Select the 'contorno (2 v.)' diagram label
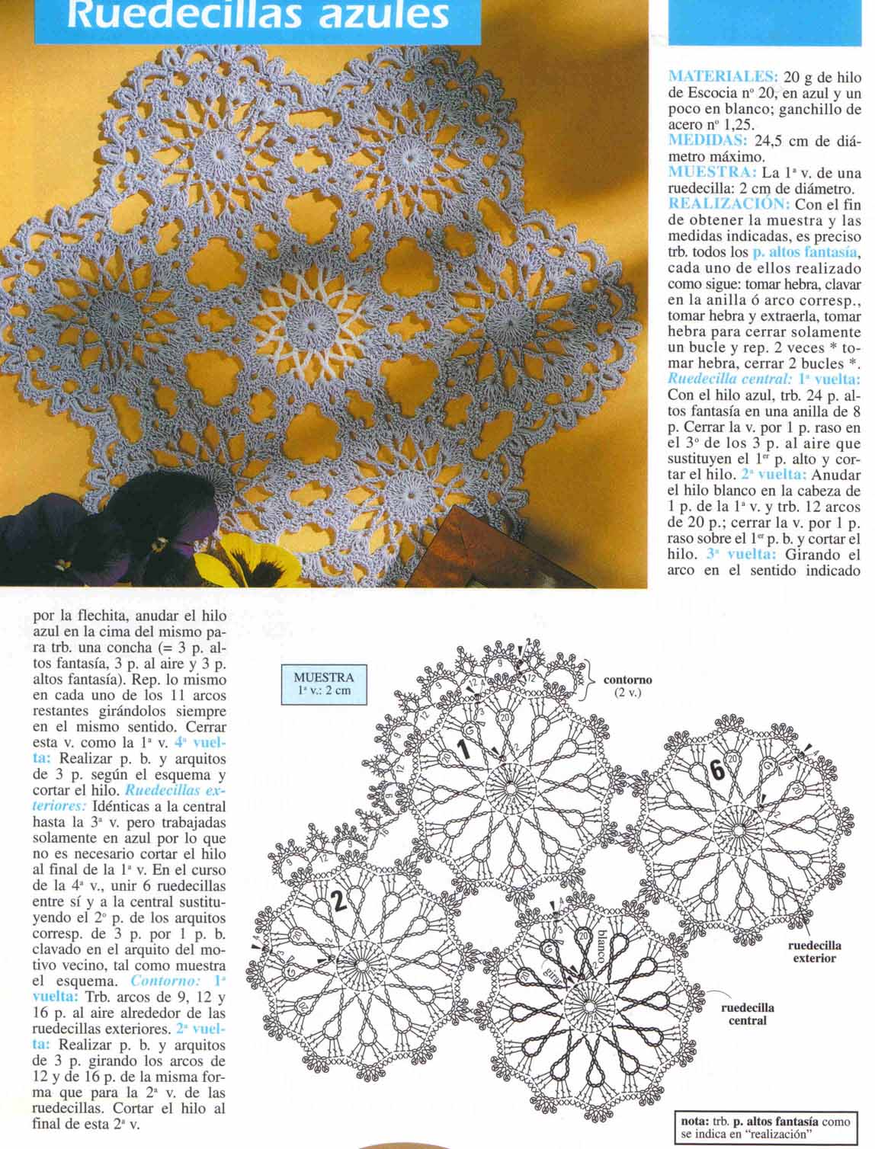click(627, 687)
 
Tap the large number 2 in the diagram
click(338, 901)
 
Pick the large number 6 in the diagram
click(717, 770)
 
